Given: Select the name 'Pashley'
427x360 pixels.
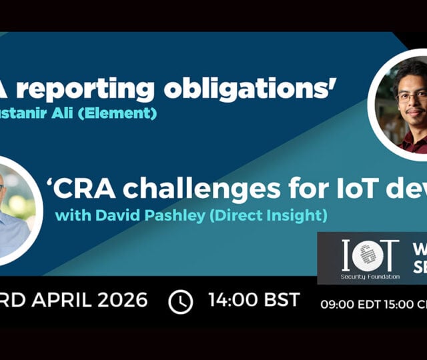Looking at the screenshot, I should click(156, 215).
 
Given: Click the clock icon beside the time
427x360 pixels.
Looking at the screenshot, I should click(180, 301).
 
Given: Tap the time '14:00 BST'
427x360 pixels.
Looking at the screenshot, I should click(254, 299).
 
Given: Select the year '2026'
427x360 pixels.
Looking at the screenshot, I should click(124, 300).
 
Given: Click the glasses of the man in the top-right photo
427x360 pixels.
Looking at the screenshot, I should click(412, 96).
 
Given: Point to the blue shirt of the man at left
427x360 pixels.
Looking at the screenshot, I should click(13, 233).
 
